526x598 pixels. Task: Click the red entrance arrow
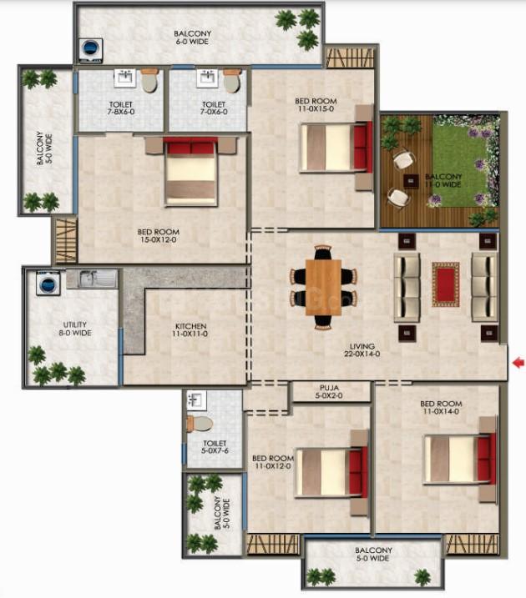(518, 363)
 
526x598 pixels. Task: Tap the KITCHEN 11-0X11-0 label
(191, 330)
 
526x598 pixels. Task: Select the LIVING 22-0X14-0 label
(362, 350)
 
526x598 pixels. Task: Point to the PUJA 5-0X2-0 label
(329, 392)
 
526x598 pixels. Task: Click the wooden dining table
(323, 287)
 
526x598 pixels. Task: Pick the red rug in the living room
(446, 284)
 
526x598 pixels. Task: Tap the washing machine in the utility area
(48, 283)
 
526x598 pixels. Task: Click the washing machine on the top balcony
(90, 50)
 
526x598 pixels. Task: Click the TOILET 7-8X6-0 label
(120, 108)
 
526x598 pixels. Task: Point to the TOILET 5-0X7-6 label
(215, 446)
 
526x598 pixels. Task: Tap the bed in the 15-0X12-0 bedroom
(191, 171)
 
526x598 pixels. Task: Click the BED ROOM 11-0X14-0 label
(441, 407)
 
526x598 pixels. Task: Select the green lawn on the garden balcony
(460, 160)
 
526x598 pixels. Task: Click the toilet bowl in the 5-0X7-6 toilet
(200, 424)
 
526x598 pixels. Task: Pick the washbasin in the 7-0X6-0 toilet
(207, 78)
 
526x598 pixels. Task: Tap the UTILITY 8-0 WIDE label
(75, 329)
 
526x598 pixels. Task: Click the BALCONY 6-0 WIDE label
(192, 38)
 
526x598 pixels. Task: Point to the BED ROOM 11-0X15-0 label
(316, 105)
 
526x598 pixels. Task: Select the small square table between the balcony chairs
(411, 181)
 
